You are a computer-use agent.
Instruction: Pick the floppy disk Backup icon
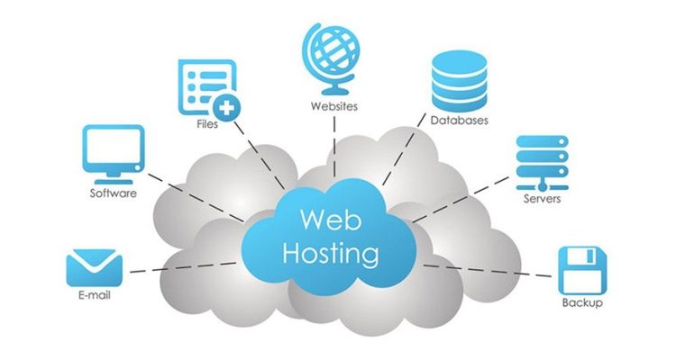click(580, 269)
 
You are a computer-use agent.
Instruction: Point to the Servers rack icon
click(540, 161)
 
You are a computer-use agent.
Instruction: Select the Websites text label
click(334, 106)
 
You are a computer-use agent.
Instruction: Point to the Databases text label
click(459, 121)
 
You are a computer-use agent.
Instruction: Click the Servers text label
click(542, 198)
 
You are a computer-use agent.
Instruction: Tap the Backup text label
click(581, 303)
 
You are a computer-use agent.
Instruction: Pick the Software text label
click(113, 193)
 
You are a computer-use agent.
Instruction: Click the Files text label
click(206, 124)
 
